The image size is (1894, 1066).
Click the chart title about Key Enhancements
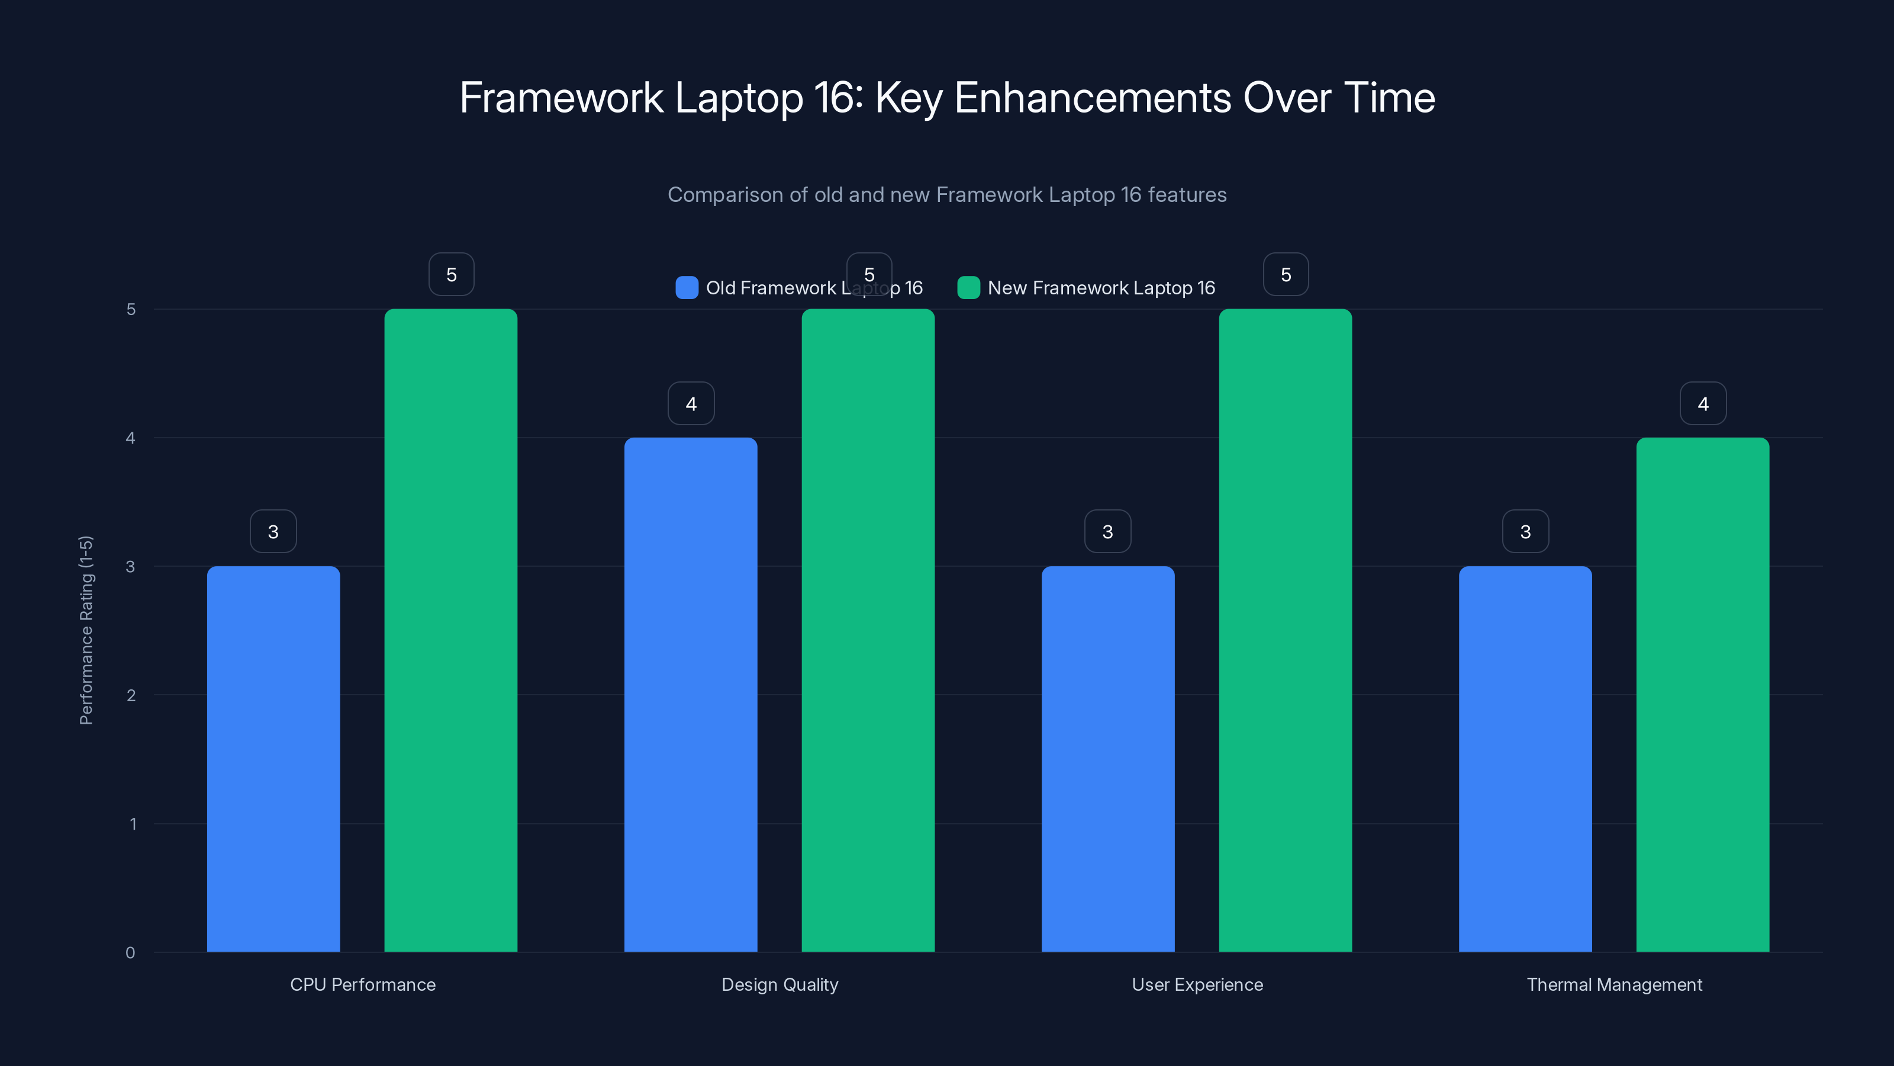pyautogui.click(x=947, y=98)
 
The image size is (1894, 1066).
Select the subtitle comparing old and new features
pyautogui.click(x=947, y=195)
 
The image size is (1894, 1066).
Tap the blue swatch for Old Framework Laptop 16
pyautogui.click(x=687, y=288)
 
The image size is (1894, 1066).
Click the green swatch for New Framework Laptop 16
pyautogui.click(x=968, y=288)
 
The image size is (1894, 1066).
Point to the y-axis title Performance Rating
pyautogui.click(x=86, y=631)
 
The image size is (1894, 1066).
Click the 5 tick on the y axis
pyautogui.click(x=131, y=310)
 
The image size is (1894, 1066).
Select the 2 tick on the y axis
pyautogui.click(x=131, y=695)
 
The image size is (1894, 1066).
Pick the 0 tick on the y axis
pyautogui.click(x=130, y=953)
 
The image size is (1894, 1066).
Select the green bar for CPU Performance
pyautogui.click(x=450, y=631)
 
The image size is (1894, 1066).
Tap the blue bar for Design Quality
pyautogui.click(x=690, y=695)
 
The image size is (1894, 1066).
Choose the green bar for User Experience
pyautogui.click(x=1285, y=631)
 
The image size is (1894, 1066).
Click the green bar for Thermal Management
pyautogui.click(x=1702, y=695)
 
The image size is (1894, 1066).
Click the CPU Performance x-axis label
pyautogui.click(x=362, y=984)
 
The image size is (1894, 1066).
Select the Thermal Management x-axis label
pyautogui.click(x=1614, y=984)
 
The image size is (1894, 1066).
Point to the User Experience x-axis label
pyautogui.click(x=1197, y=984)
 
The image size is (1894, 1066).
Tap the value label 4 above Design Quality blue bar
pyautogui.click(x=690, y=403)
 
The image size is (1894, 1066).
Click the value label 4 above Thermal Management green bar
pyautogui.click(x=1703, y=403)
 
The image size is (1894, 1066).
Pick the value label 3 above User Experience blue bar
pyautogui.click(x=1107, y=531)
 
